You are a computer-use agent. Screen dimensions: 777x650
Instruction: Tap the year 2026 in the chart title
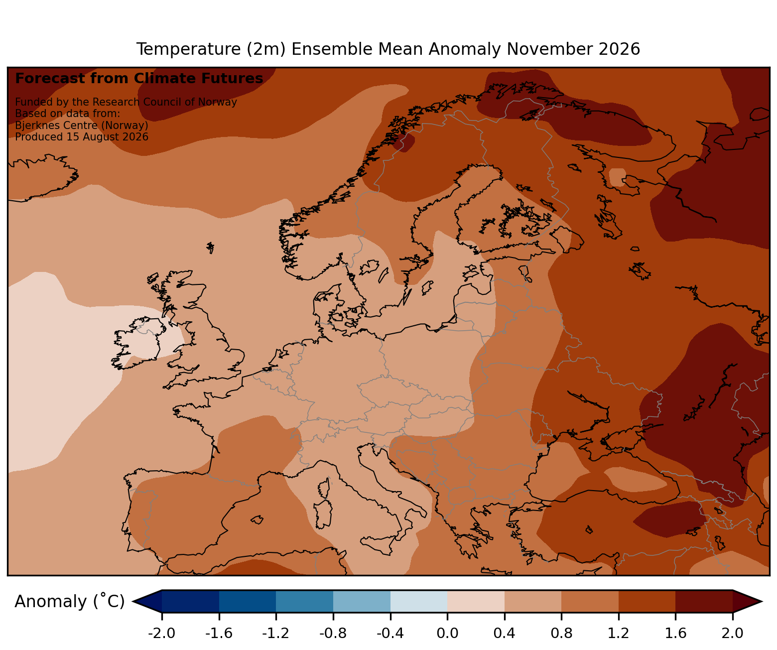pos(619,49)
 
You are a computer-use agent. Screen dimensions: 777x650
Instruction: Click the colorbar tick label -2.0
pos(161,633)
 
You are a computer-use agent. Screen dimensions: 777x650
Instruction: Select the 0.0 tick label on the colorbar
pos(447,633)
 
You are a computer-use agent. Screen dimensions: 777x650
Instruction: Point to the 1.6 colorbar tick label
pos(675,633)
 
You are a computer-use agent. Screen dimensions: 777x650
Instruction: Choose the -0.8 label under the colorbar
pos(333,633)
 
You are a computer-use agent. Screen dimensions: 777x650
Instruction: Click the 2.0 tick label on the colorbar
pos(732,633)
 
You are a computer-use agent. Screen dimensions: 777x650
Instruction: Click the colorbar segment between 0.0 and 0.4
pos(476,601)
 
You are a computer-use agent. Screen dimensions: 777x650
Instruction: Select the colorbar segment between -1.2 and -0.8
pos(304,601)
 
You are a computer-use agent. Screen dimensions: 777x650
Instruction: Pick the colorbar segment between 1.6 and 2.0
pos(704,601)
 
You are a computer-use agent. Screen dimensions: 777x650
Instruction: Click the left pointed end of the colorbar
pos(133,601)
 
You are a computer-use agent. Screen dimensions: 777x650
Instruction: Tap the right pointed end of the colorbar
pos(762,601)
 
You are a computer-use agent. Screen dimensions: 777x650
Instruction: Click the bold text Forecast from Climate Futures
pos(139,79)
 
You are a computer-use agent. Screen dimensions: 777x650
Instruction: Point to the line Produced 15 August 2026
pos(82,137)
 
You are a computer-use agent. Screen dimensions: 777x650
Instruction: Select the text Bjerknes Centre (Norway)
pos(82,126)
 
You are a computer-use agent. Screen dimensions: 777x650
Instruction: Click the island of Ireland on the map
pos(137,342)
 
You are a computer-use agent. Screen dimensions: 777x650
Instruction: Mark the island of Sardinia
pos(323,514)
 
